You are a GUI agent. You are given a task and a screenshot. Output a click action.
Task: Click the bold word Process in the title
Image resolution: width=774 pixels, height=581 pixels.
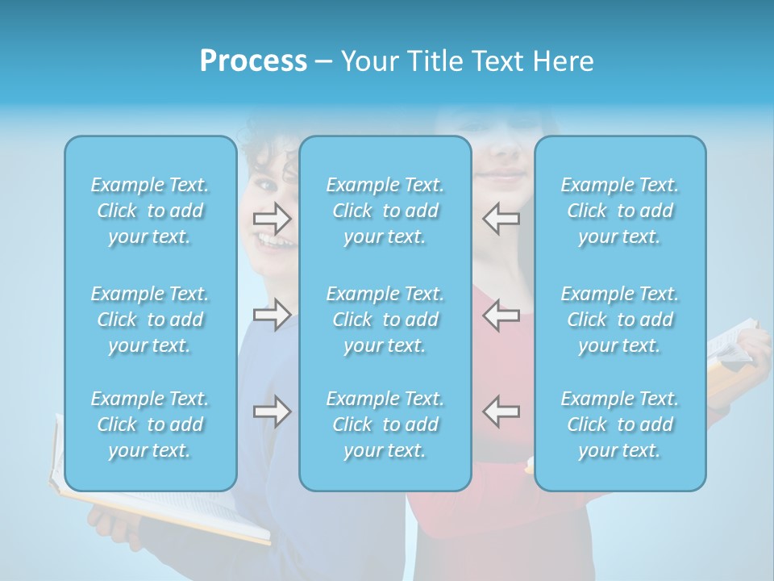pos(253,61)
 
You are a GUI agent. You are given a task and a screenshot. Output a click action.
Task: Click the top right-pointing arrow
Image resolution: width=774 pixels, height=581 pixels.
pos(272,219)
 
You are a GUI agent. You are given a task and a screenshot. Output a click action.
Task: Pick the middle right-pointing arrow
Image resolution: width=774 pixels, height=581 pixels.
pos(272,315)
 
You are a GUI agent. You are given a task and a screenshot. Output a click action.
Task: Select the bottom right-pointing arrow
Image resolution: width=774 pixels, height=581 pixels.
pos(272,412)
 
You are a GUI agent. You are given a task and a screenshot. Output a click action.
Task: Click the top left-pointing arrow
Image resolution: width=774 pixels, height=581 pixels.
pos(501,219)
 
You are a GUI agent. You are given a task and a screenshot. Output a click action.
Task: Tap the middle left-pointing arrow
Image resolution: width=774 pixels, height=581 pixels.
pos(501,315)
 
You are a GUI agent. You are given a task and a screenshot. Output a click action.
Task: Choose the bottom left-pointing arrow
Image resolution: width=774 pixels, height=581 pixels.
pos(501,412)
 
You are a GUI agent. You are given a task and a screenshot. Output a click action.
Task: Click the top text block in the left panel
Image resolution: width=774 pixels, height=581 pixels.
pos(150,211)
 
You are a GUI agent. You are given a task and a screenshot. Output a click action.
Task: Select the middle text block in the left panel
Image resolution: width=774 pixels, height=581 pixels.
pos(150,320)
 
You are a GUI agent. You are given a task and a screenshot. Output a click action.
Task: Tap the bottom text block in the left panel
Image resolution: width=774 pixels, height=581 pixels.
pos(150,424)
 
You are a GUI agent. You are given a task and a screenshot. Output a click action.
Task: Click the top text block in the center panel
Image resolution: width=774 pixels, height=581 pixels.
pos(385,211)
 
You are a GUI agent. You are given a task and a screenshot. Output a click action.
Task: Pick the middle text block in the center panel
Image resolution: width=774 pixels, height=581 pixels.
pos(385,320)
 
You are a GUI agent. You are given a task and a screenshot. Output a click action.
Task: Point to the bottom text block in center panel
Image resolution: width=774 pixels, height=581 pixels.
pos(385,424)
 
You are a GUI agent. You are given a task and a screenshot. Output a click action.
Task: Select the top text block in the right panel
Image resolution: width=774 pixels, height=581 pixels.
pos(620,211)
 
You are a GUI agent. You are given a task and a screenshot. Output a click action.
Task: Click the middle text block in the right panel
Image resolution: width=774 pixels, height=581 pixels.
pos(620,320)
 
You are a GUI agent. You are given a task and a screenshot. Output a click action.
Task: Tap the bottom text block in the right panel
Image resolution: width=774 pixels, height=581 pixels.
pos(620,424)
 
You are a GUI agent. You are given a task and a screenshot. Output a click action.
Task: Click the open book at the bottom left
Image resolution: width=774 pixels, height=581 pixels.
pos(161,508)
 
